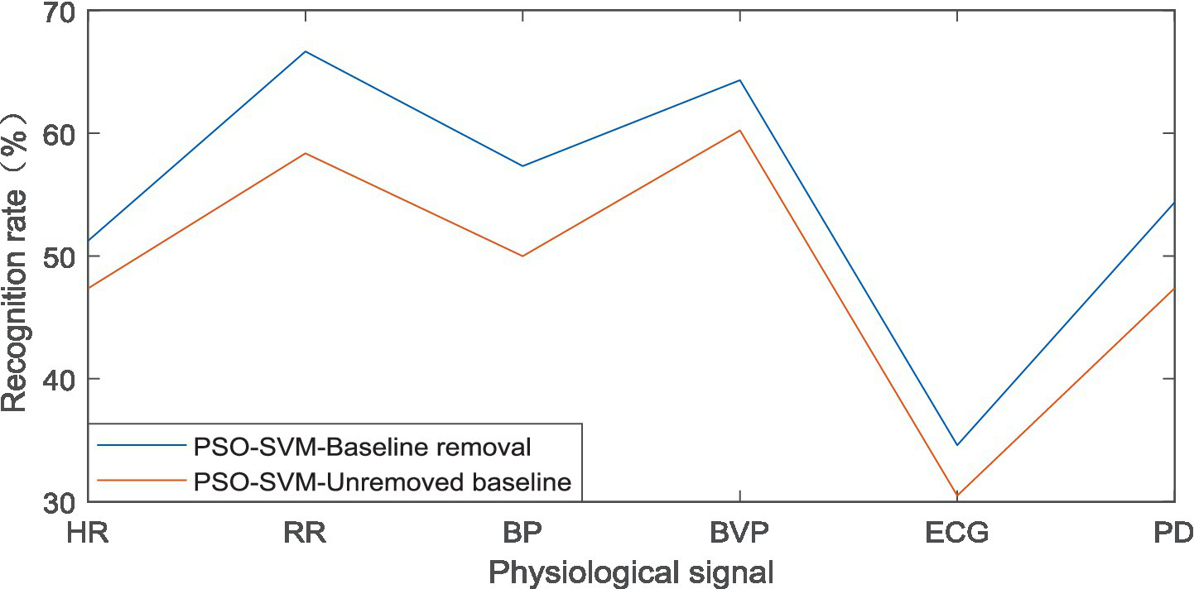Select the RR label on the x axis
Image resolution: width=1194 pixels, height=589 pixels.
pyautogui.click(x=305, y=533)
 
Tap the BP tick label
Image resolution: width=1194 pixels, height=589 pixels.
pyautogui.click(x=522, y=533)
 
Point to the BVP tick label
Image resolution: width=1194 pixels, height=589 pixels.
pyautogui.click(x=739, y=533)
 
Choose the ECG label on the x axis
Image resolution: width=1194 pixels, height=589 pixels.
pyautogui.click(x=956, y=533)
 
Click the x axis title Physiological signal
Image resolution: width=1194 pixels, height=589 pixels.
pyautogui.click(x=631, y=572)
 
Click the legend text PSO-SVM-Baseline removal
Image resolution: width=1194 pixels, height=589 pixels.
pyautogui.click(x=362, y=447)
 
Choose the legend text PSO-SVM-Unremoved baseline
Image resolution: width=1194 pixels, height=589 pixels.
pyautogui.click(x=383, y=481)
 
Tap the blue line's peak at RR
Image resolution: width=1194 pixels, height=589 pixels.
pyautogui.click(x=305, y=51)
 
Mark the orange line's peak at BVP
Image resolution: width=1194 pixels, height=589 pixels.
pyautogui.click(x=739, y=130)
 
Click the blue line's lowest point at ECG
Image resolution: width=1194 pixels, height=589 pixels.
pyautogui.click(x=956, y=446)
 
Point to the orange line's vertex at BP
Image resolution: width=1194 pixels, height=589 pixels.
pyautogui.click(x=522, y=256)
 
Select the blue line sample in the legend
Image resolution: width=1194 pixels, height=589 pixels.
pyautogui.click(x=141, y=446)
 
